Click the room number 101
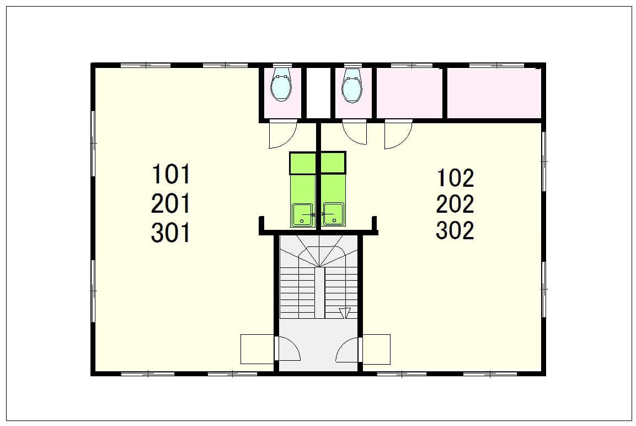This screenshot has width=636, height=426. click(171, 174)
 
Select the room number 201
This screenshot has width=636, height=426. click(171, 203)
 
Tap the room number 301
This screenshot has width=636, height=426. click(171, 233)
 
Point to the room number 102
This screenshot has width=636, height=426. click(455, 178)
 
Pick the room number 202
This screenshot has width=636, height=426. click(455, 204)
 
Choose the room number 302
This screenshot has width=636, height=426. click(455, 230)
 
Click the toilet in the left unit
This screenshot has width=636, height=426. click(281, 87)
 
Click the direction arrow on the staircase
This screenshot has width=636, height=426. click(345, 313)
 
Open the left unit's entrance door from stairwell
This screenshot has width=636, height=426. click(288, 349)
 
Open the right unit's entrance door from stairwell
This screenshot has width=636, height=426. click(349, 349)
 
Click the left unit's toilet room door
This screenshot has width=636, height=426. click(283, 134)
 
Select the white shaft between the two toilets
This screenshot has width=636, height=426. click(318, 93)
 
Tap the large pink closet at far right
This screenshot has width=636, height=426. click(494, 93)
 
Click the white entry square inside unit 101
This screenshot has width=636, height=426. click(257, 349)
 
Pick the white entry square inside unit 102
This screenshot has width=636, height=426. click(376, 349)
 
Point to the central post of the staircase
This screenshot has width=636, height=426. click(319, 292)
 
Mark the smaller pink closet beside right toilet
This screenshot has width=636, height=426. click(410, 93)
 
